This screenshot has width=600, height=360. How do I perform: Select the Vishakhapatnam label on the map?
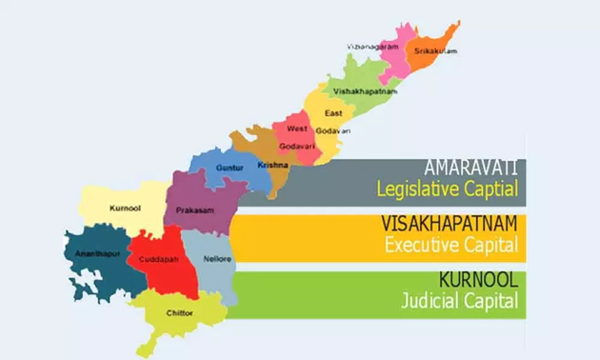pos(362,90)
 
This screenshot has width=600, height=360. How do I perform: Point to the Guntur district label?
pos(230,168)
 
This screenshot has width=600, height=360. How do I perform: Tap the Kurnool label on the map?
pos(112,205)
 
